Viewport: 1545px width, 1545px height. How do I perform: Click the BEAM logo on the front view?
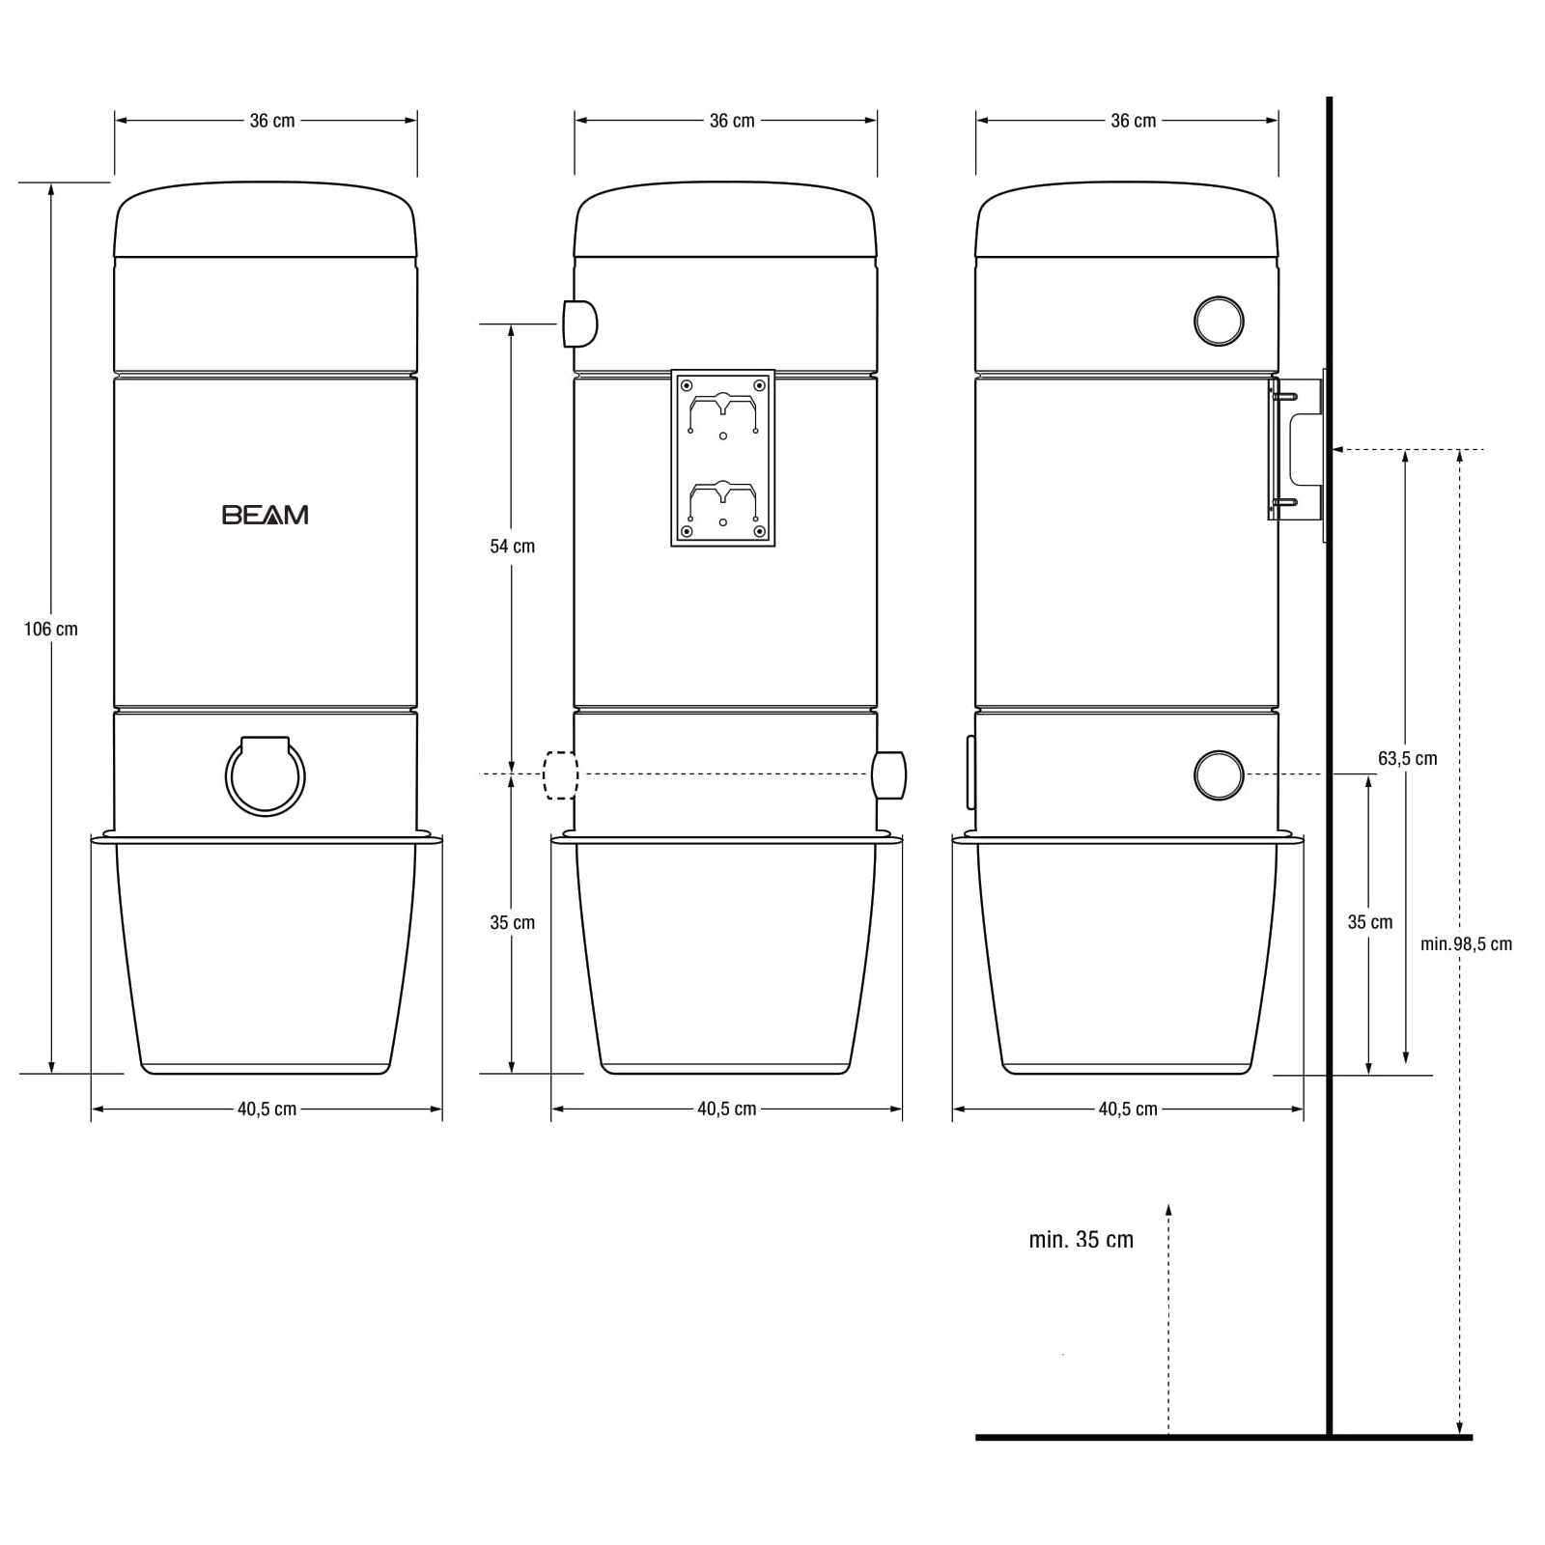pos(266,515)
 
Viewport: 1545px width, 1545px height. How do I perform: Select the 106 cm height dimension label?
pos(51,630)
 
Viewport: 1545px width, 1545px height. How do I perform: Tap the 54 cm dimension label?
pos(512,547)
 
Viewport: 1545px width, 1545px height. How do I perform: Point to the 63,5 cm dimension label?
pos(1408,759)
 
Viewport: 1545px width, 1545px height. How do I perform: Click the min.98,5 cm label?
pos(1466,944)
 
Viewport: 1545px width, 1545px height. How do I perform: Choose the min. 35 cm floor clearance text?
pos(1081,1240)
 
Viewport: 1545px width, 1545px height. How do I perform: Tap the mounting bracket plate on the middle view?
pos(723,458)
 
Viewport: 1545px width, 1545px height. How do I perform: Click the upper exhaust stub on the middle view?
pos(580,323)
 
